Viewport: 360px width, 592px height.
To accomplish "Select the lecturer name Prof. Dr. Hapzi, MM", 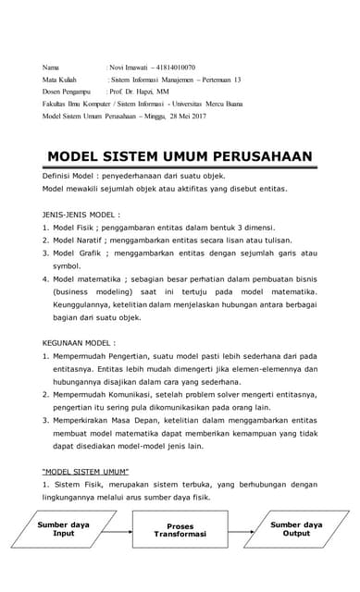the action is point(140,92).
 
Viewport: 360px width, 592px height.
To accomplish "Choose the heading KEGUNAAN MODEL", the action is point(81,340).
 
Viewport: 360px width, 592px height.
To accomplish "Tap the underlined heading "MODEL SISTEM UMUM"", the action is point(91,466).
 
